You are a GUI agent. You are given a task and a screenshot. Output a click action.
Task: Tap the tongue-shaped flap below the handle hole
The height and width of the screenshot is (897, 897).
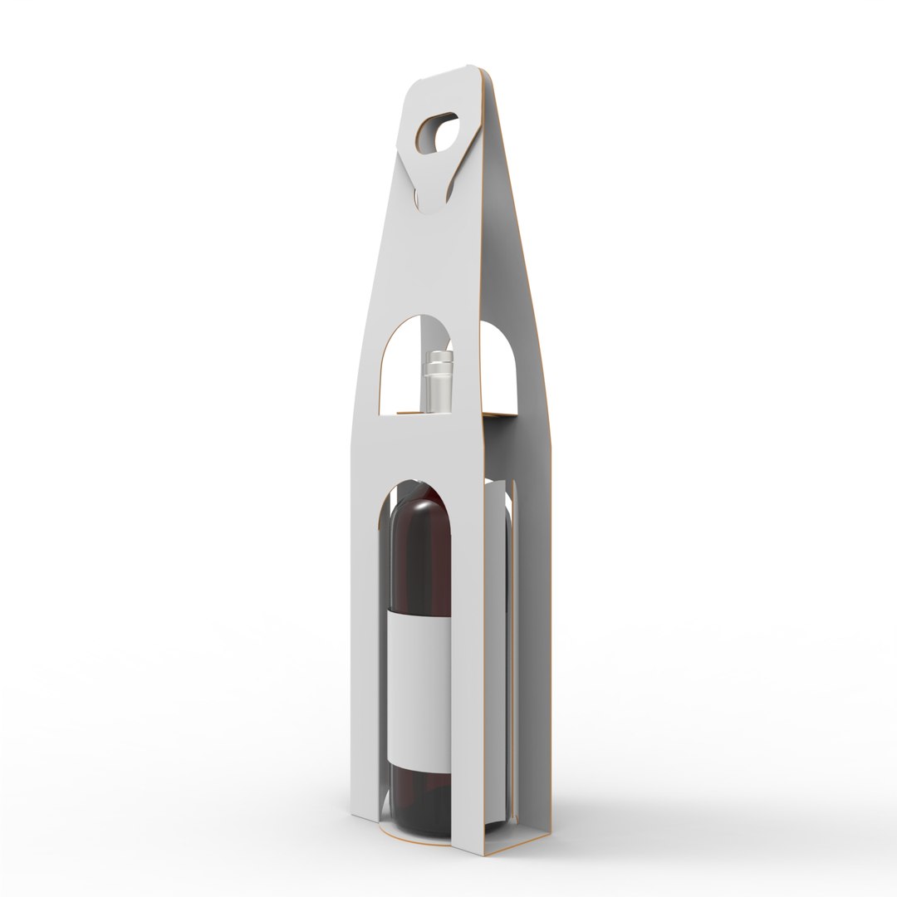pyautogui.click(x=434, y=187)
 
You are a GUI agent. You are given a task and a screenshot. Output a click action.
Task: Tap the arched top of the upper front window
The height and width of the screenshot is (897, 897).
pyautogui.click(x=420, y=319)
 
